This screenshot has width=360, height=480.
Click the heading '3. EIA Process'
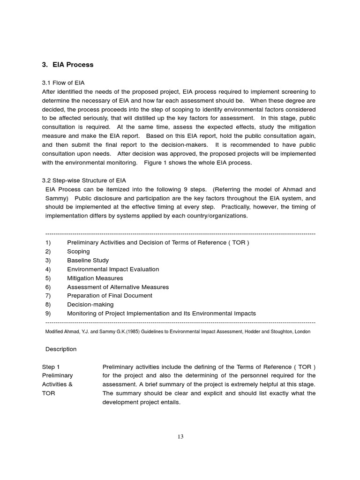(x=68, y=65)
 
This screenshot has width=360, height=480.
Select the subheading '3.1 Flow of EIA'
(x=63, y=82)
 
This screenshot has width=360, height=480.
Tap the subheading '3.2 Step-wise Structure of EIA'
(x=84, y=180)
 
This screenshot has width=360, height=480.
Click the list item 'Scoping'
(x=78, y=251)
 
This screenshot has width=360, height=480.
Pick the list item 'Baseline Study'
(x=88, y=260)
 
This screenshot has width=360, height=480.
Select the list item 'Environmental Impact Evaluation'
(x=113, y=269)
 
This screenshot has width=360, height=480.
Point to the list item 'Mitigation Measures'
(x=95, y=278)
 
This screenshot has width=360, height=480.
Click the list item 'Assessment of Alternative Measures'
(x=118, y=287)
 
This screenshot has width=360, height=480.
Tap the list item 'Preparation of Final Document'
(x=110, y=295)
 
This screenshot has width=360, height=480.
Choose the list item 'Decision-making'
(x=90, y=304)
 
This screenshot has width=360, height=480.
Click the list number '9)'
(x=48, y=313)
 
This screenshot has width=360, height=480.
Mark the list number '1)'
(x=48, y=242)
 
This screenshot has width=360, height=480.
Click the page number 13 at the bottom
(x=180, y=437)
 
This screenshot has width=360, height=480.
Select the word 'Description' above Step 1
(x=61, y=349)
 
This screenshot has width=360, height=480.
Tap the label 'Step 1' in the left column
(x=51, y=367)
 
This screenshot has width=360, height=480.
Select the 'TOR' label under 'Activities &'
(x=48, y=393)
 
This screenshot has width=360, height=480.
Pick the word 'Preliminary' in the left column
(x=57, y=375)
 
